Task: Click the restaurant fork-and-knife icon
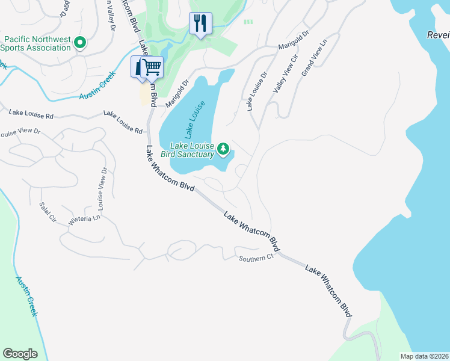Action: coord(200,24)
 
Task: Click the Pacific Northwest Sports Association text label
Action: coord(37,43)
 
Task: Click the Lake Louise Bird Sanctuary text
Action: coord(193,150)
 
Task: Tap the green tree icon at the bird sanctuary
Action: coord(224,149)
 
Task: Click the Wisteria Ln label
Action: coord(84,220)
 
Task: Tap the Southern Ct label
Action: coord(256,258)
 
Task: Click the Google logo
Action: coord(20,354)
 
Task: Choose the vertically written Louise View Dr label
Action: coord(101,189)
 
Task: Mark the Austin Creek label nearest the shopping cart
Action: coord(97,89)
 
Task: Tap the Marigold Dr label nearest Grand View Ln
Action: coord(292,42)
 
